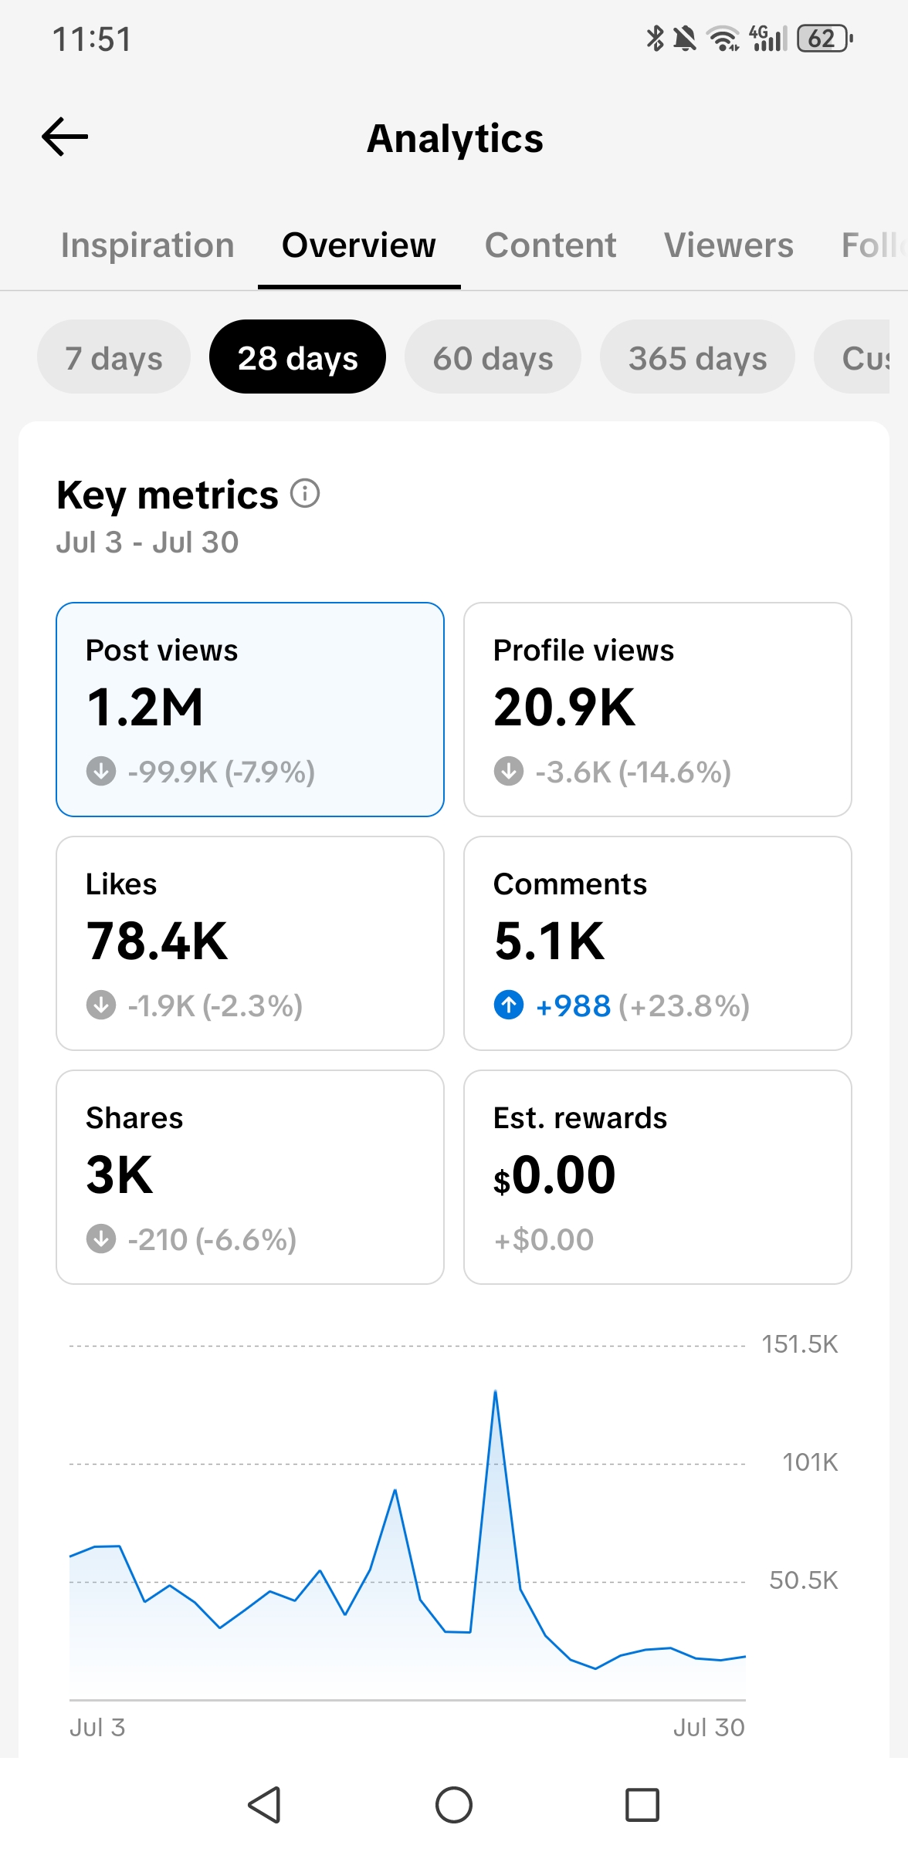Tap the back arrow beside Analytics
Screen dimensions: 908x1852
coord(65,137)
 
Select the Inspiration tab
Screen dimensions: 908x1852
coord(147,245)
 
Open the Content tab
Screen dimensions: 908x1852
coord(551,245)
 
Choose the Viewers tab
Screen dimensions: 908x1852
coord(729,245)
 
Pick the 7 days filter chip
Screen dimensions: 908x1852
coord(113,357)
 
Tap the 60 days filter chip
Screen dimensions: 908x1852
coord(493,357)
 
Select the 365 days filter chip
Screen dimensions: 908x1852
coord(697,357)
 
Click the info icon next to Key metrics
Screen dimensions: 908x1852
coord(305,493)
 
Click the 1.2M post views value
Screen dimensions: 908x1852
coord(144,708)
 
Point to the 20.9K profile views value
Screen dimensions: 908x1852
coord(564,708)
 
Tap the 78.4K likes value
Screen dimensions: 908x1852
coord(157,941)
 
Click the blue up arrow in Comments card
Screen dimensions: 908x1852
coord(509,1005)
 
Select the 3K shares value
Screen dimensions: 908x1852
coord(120,1175)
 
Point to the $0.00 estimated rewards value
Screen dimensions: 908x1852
coord(554,1175)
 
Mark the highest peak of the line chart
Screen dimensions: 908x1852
coord(495,1391)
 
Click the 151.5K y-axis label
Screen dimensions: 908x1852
coord(800,1345)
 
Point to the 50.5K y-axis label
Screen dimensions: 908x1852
coord(804,1580)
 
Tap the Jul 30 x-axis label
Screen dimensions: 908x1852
coord(709,1727)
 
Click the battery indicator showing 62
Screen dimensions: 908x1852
coord(824,38)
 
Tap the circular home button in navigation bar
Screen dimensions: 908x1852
coord(454,1805)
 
